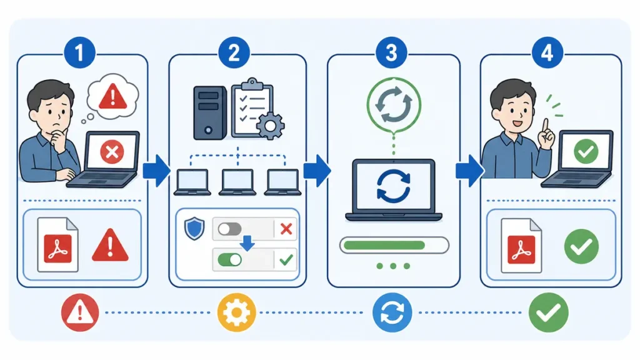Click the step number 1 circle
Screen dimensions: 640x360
coord(79,52)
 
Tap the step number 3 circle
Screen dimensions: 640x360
coord(391,52)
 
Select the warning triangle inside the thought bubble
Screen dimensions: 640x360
coord(113,96)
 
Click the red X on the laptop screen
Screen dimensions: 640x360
coord(112,152)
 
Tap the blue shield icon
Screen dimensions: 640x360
coord(194,229)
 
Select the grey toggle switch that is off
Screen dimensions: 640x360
coord(229,229)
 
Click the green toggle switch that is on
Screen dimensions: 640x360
coord(229,259)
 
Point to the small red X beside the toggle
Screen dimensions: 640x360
coord(286,229)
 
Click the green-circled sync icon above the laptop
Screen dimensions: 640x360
coord(394,104)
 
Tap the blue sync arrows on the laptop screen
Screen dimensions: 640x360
coord(394,186)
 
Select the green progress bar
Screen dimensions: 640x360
coord(384,245)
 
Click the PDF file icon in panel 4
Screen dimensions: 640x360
coord(521,246)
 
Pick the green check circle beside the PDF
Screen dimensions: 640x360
coord(581,246)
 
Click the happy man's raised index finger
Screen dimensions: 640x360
coord(545,125)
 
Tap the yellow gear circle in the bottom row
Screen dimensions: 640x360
coord(237,312)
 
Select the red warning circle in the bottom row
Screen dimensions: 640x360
coord(80,312)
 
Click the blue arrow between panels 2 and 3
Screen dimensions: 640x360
coord(317,170)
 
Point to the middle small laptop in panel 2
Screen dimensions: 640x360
coord(237,182)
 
